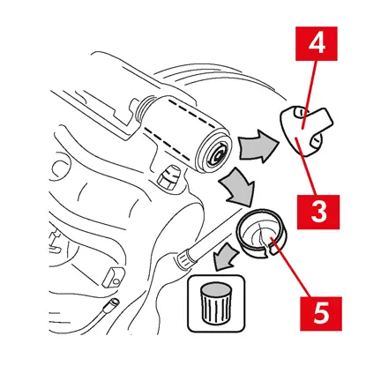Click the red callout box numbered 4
(317, 44)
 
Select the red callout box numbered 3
(318, 212)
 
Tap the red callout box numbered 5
(321, 314)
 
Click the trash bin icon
(216, 303)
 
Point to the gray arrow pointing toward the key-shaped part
(258, 146)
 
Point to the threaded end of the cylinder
(144, 108)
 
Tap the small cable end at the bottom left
(113, 303)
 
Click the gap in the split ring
(270, 252)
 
